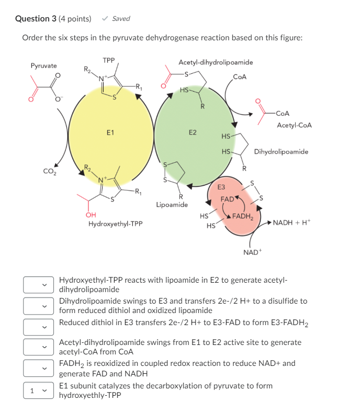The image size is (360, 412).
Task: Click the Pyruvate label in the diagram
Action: pos(44,66)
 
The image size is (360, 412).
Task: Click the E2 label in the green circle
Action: pos(193,132)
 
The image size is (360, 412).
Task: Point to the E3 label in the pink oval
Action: pos(221,186)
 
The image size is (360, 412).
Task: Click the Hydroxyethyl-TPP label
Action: pos(115,224)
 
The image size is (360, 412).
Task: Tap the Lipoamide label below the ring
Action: pos(172,204)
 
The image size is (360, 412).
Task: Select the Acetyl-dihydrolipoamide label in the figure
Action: pos(216,62)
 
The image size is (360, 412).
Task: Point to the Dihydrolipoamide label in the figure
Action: pos(281,152)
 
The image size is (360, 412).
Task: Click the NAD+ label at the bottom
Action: pos(252,252)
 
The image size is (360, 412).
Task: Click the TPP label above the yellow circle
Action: pos(109,60)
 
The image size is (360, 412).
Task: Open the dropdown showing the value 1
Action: pos(38,391)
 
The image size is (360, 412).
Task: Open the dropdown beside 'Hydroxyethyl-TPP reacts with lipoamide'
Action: pos(38,285)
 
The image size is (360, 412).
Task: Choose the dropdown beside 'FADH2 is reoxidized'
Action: pos(38,368)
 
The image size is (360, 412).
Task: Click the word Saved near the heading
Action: pos(121,19)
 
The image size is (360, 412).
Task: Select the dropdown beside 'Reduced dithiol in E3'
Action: pos(38,327)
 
